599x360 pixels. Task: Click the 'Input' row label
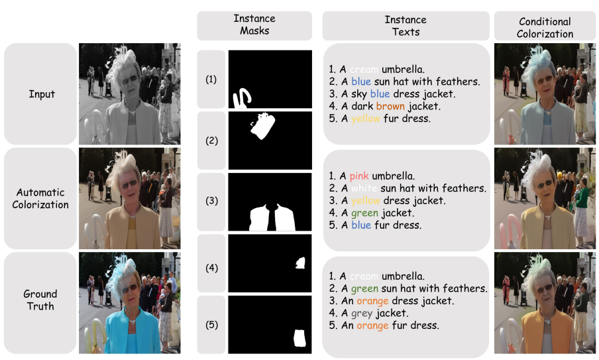[42, 94]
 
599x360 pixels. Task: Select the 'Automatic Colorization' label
[40, 198]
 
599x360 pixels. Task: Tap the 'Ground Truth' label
[40, 300]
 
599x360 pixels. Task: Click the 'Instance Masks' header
[254, 25]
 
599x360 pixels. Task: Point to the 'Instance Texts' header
[406, 25]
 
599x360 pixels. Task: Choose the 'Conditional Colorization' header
[545, 27]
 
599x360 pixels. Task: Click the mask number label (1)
[211, 80]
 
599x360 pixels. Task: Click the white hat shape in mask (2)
[264, 127]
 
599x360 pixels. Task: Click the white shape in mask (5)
[299, 338]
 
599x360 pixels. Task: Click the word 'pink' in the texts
[358, 176]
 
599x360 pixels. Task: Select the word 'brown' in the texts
[390, 106]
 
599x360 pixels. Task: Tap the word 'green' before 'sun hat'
[364, 288]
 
